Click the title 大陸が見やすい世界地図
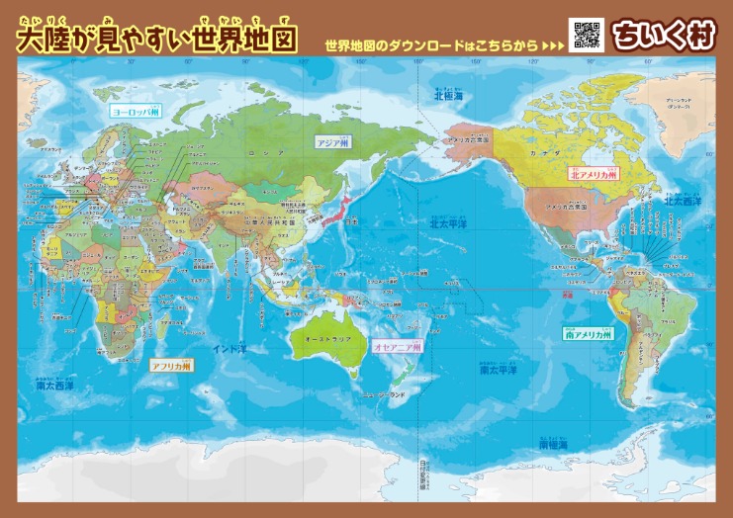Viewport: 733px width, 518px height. [x=158, y=39]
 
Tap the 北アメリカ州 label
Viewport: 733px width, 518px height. [x=593, y=173]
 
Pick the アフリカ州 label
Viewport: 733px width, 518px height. [x=170, y=365]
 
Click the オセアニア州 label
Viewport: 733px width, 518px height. [x=398, y=348]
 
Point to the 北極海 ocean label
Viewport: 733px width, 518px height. [x=450, y=95]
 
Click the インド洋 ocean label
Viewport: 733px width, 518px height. [x=230, y=348]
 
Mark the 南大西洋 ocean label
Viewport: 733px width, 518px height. [x=56, y=386]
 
